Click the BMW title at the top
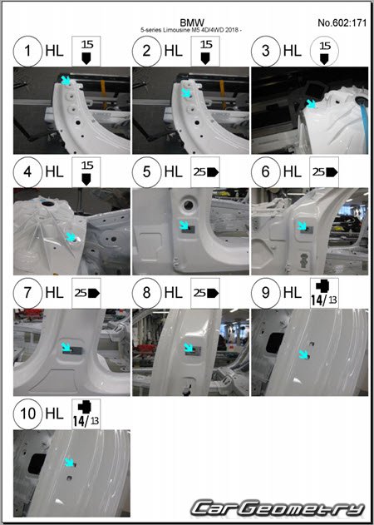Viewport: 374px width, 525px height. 192,22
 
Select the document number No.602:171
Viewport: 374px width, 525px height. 342,22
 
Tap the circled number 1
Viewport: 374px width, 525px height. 27,52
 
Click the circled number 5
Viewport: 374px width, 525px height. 146,172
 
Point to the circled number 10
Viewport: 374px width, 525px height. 27,414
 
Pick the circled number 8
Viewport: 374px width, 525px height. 146,293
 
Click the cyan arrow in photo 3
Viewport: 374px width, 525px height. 312,103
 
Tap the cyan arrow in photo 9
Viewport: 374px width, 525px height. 303,354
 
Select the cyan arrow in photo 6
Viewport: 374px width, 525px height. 302,225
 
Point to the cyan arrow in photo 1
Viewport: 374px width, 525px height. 66,81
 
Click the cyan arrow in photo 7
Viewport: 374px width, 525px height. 66,347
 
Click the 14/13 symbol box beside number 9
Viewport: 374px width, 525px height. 324,293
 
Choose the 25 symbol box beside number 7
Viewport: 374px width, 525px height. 86,293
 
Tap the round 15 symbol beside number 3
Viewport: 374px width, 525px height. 324,52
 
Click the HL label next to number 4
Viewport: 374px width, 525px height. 54,172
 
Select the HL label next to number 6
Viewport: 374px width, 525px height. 292,172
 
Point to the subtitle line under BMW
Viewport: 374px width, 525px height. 191,30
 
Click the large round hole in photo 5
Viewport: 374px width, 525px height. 189,205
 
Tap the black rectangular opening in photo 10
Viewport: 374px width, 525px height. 37,463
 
